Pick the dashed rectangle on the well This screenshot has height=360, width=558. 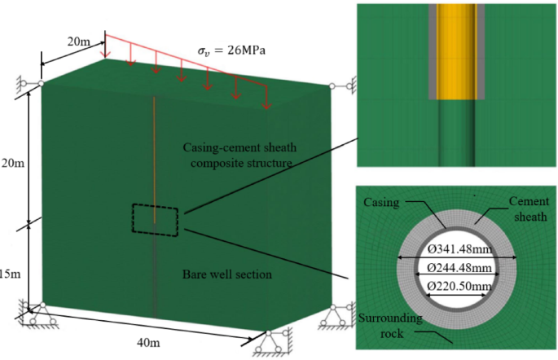pyautogui.click(x=155, y=221)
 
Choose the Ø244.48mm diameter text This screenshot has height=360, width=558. pyautogui.click(x=457, y=268)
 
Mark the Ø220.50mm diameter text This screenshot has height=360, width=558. pyautogui.click(x=457, y=286)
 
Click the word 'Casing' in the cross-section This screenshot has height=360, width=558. pyautogui.click(x=382, y=200)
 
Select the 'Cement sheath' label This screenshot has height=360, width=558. pyautogui.click(x=530, y=207)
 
